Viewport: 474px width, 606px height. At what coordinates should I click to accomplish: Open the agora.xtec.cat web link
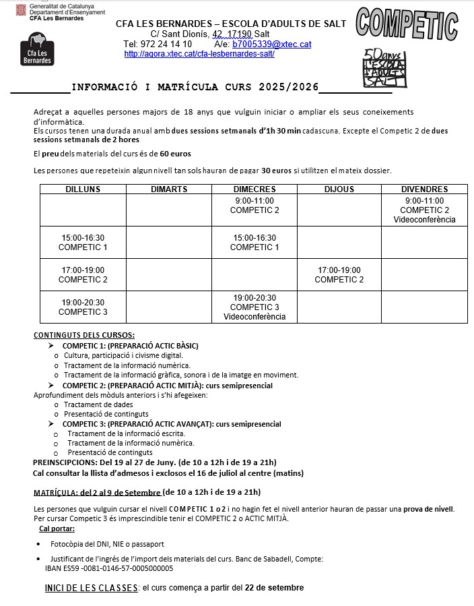pyautogui.click(x=199, y=54)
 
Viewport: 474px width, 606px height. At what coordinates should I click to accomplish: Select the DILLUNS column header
pyautogui.click(x=83, y=189)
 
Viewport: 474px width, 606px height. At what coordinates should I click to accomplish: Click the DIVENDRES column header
pyautogui.click(x=424, y=189)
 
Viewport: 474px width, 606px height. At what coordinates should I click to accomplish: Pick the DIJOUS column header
pyautogui.click(x=339, y=189)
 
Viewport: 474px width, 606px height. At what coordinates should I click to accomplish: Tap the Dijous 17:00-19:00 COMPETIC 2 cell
pyautogui.click(x=339, y=275)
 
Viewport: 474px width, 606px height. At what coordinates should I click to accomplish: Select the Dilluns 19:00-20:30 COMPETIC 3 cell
pyautogui.click(x=83, y=307)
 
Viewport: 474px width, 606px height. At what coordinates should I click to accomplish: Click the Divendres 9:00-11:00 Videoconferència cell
pyautogui.click(x=424, y=210)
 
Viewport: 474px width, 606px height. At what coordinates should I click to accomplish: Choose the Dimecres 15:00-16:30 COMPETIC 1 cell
pyautogui.click(x=255, y=243)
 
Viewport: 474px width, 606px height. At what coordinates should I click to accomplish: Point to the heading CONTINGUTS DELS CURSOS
pyautogui.click(x=84, y=335)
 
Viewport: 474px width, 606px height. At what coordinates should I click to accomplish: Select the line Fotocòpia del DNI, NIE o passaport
pyautogui.click(x=107, y=544)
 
